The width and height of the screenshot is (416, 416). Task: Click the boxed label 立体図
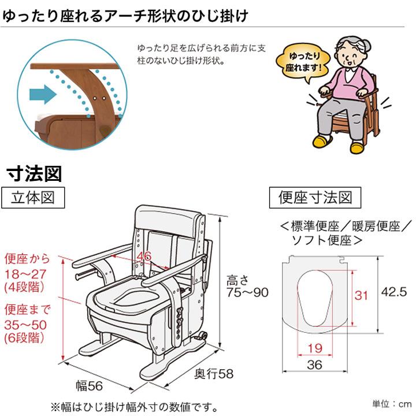(x=34, y=198)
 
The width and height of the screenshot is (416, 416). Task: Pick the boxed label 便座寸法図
(x=315, y=198)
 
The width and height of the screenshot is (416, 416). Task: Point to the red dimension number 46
(x=144, y=257)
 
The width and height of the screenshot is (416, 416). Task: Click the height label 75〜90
(x=247, y=292)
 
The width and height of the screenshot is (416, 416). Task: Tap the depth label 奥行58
(x=213, y=373)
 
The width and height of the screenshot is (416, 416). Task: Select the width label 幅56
(x=92, y=385)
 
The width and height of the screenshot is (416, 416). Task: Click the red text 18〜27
(x=25, y=273)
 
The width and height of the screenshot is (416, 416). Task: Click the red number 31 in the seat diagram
(x=361, y=295)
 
